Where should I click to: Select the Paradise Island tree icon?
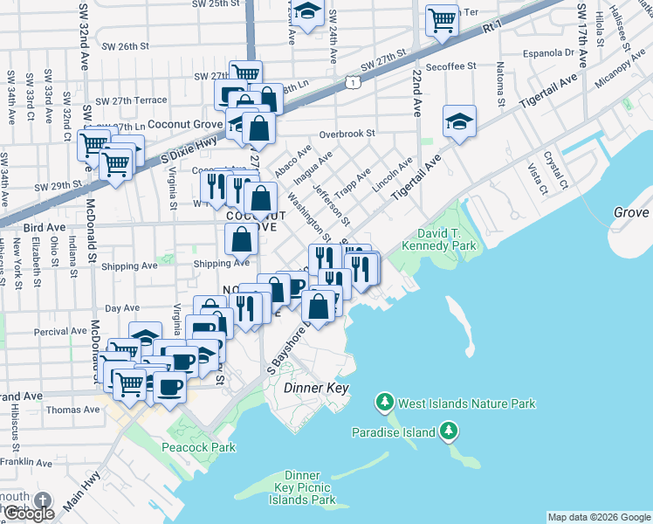(449, 431)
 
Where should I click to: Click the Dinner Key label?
(316, 388)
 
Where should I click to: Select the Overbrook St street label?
(347, 134)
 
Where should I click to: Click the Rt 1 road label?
(492, 29)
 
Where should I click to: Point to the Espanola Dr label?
(545, 52)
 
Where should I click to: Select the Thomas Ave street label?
(72, 409)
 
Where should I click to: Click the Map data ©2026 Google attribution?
(599, 517)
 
